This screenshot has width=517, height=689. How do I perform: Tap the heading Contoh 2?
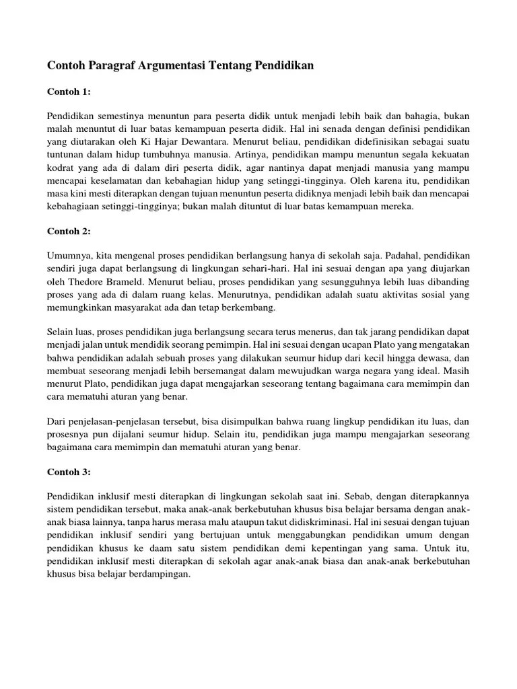(x=69, y=231)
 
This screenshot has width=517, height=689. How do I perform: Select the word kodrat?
(x=61, y=168)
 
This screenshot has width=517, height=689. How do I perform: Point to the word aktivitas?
(x=376, y=295)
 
